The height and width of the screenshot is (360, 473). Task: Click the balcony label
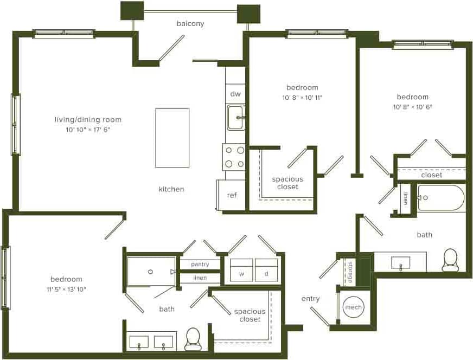click(x=190, y=23)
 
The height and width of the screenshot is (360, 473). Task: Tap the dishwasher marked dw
click(x=235, y=94)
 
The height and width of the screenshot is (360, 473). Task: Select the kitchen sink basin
click(x=235, y=118)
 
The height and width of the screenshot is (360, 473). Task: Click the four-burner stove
click(x=234, y=157)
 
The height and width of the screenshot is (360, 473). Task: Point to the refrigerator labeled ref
click(x=232, y=195)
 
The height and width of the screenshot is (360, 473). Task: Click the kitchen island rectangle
click(x=172, y=138)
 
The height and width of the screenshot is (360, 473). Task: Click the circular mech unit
click(x=354, y=307)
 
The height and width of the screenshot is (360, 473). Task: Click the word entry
click(x=311, y=298)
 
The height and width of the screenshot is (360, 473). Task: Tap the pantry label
click(x=200, y=265)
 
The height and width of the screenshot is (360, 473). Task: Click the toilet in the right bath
click(x=450, y=261)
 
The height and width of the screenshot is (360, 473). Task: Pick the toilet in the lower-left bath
click(x=193, y=340)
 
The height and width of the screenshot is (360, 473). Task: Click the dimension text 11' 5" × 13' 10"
click(x=67, y=289)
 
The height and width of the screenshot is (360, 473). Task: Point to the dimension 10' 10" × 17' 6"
click(x=88, y=130)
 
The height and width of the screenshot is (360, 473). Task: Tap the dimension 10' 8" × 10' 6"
click(x=413, y=107)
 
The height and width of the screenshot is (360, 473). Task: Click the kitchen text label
click(x=171, y=189)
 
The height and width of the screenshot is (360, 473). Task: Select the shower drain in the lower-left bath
click(x=150, y=271)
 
